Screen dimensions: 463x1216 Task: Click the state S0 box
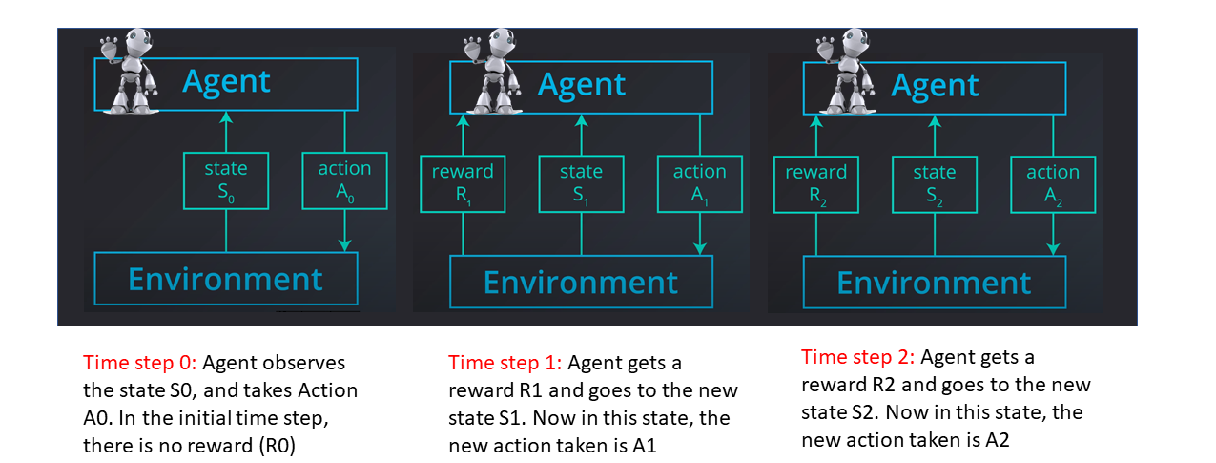click(x=226, y=181)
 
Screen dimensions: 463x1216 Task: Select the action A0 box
click(x=344, y=181)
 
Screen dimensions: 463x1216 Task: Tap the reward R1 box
click(x=463, y=184)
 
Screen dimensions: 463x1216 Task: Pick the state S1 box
click(x=582, y=184)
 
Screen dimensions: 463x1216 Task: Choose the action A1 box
click(x=700, y=184)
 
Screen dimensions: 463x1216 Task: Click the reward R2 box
click(x=815, y=185)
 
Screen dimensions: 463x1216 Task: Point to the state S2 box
click(x=935, y=185)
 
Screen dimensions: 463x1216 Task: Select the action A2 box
click(x=1053, y=185)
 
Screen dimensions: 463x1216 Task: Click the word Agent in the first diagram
click(x=227, y=82)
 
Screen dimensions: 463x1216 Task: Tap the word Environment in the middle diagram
click(x=581, y=283)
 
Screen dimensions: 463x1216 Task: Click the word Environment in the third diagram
click(x=934, y=284)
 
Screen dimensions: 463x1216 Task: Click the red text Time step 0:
click(x=141, y=364)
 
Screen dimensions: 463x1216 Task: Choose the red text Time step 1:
click(x=505, y=364)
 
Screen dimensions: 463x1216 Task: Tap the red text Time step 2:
click(x=858, y=358)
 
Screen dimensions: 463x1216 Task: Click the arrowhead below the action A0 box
click(x=344, y=246)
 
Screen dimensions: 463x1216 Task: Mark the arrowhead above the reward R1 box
click(x=463, y=121)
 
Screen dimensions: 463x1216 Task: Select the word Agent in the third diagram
click(x=935, y=86)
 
